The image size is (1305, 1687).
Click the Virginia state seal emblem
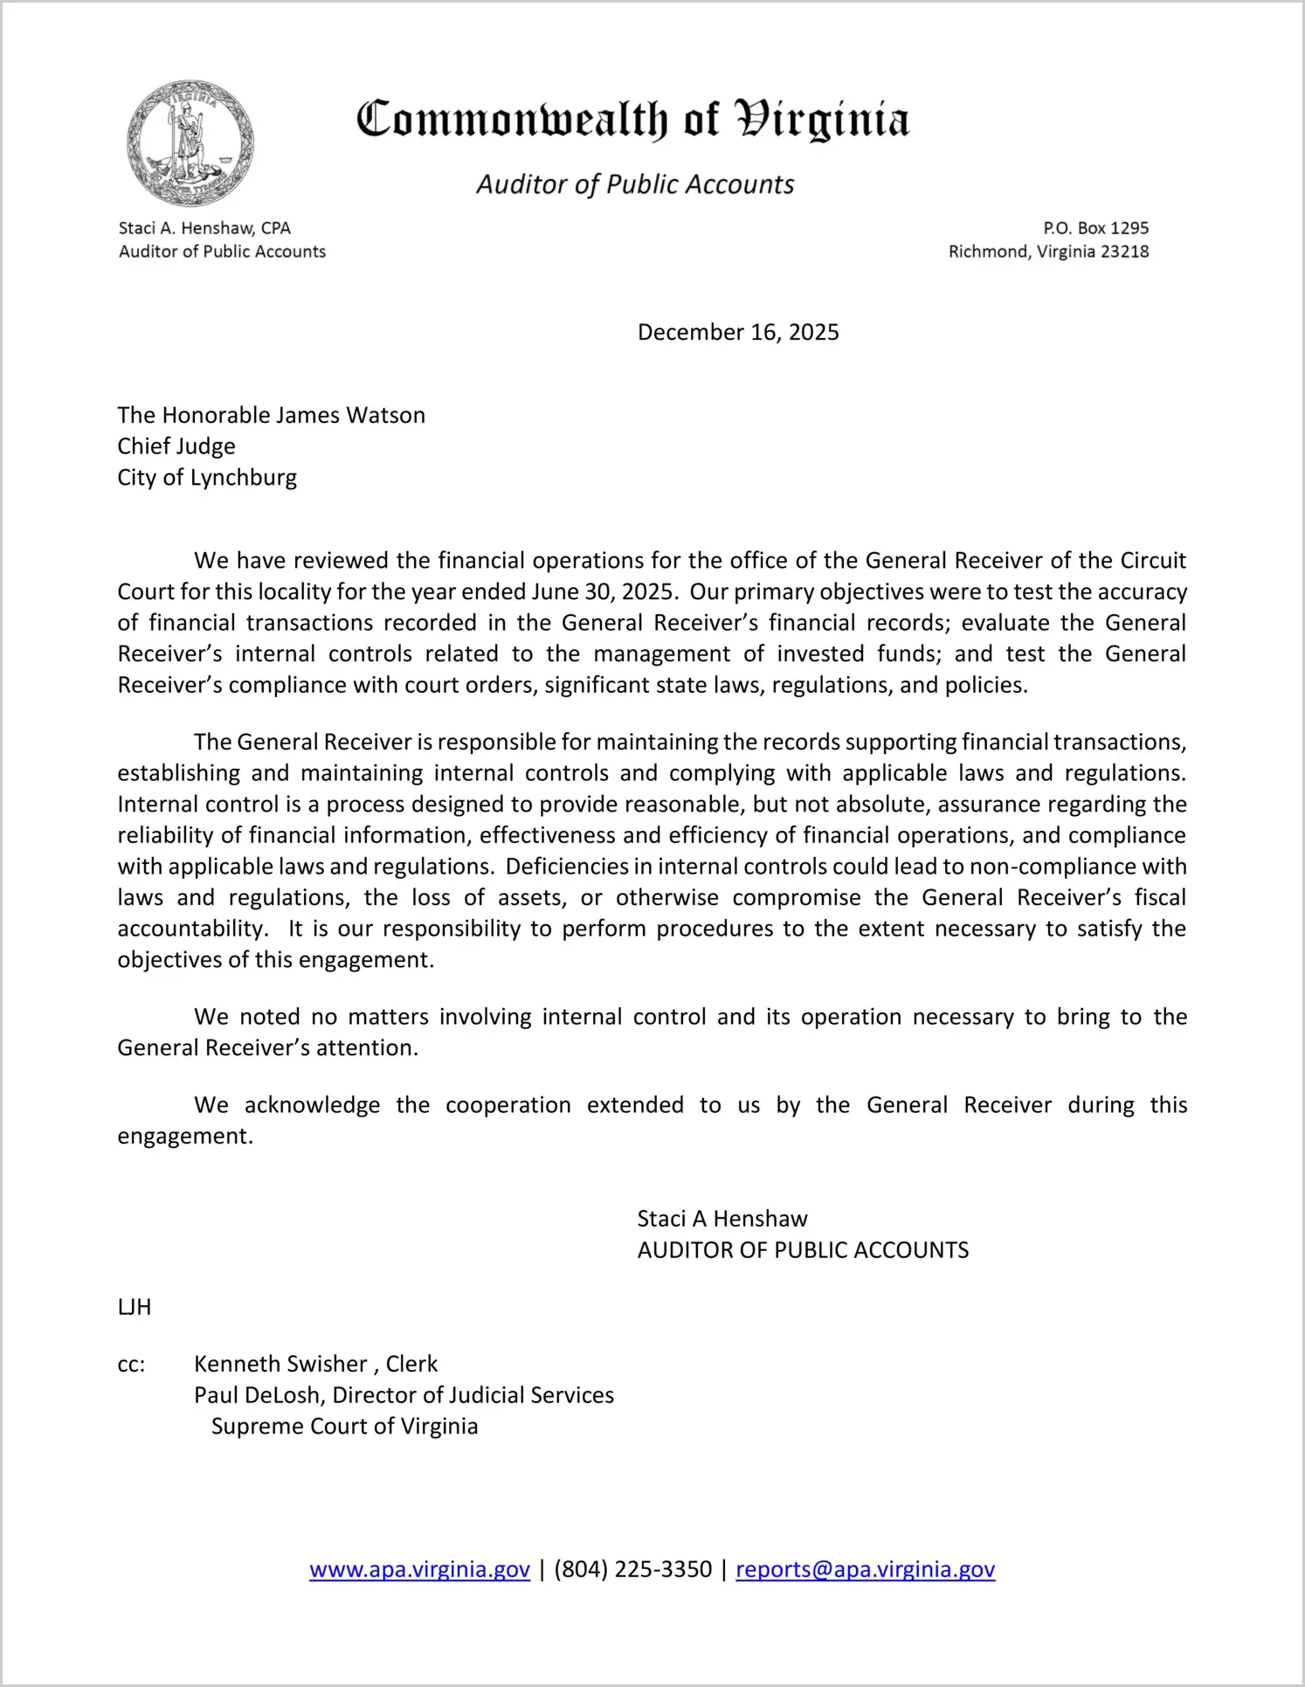(x=190, y=143)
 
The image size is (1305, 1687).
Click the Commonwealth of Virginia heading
(x=632, y=120)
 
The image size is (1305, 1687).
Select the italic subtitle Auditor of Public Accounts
(x=635, y=184)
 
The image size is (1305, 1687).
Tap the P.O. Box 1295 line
(x=1095, y=228)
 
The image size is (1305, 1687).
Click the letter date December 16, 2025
(x=738, y=332)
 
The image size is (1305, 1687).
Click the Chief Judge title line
(x=176, y=446)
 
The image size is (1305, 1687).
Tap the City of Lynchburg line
(x=207, y=478)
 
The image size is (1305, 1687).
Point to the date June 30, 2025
(x=602, y=591)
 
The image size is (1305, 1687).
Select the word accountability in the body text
(x=192, y=929)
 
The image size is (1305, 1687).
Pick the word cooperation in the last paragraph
(x=507, y=1105)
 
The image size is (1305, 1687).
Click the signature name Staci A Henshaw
(x=722, y=1219)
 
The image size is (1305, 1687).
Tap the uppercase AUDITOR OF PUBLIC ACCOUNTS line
(x=803, y=1250)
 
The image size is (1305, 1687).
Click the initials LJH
(x=135, y=1307)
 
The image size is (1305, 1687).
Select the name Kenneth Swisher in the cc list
(x=280, y=1364)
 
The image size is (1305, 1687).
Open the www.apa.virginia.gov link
(x=419, y=1569)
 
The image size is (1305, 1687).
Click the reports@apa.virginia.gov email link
(x=865, y=1569)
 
